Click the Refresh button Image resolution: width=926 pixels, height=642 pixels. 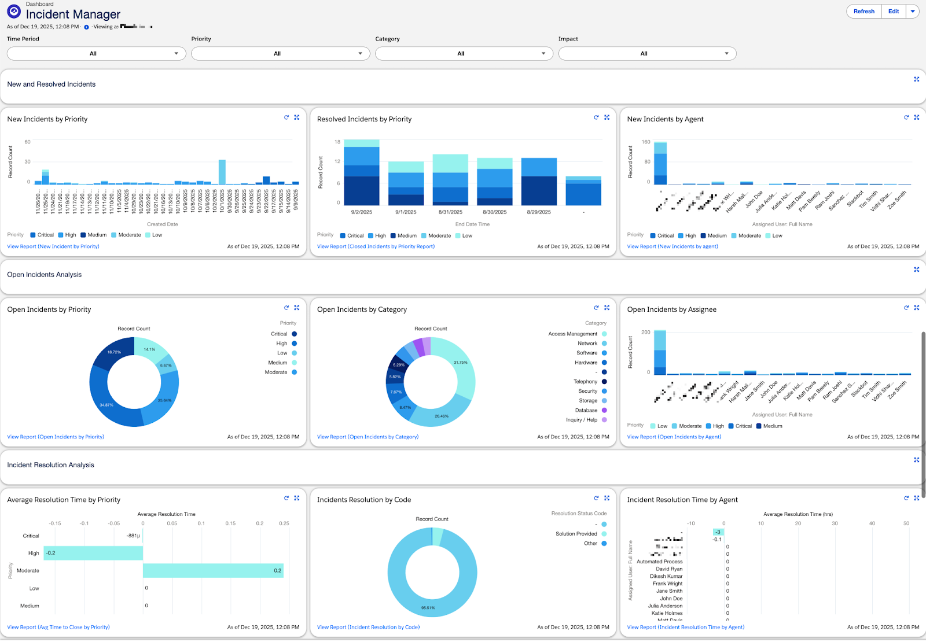coord(863,12)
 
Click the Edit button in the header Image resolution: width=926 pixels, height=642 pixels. coord(894,12)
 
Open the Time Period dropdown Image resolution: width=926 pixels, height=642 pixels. coord(96,54)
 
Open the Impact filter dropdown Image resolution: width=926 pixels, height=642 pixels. coord(647,54)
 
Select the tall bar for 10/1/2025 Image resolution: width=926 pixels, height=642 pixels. coord(222,172)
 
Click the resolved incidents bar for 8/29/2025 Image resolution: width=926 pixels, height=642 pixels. coord(539,182)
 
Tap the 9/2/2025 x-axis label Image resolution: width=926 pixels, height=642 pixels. coord(361,212)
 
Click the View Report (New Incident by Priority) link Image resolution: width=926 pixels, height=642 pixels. coord(53,246)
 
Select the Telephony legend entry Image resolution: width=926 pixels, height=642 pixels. coord(586,382)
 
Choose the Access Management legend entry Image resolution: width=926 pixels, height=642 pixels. coord(573,334)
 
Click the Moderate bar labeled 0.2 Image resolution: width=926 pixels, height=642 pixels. coord(213,571)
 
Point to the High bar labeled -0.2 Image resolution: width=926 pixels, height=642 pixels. coord(93,554)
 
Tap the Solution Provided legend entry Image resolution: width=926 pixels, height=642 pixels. coord(576,534)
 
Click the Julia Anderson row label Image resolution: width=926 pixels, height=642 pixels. coord(665,606)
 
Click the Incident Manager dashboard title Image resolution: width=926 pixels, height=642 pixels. coord(73,14)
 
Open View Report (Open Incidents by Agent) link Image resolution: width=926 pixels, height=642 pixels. coord(674,437)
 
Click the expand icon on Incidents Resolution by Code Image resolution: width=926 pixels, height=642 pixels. coord(607,498)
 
